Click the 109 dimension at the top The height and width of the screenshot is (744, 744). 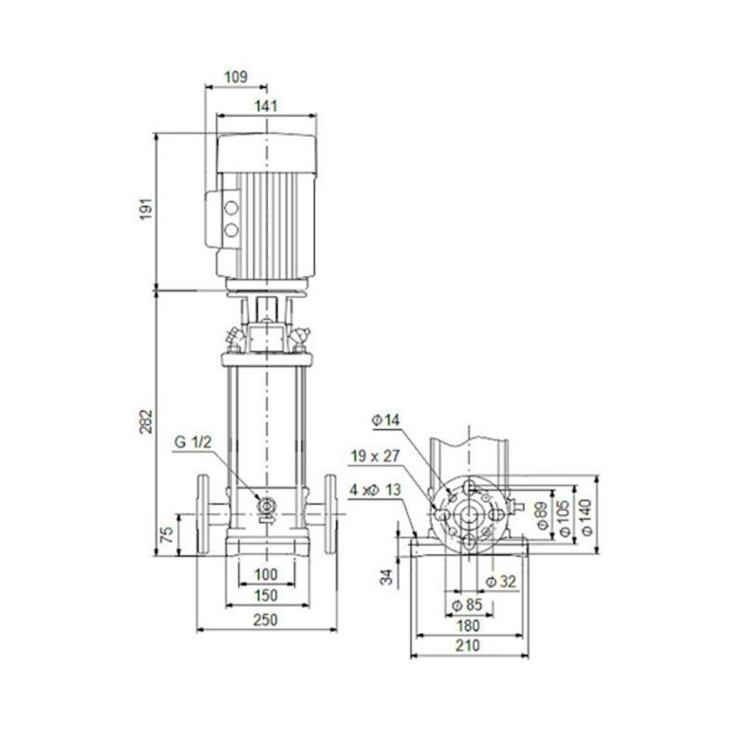click(x=236, y=77)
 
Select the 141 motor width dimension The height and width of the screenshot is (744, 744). click(x=265, y=105)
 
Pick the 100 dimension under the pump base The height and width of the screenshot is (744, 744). click(x=265, y=575)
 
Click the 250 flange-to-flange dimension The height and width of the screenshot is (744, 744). click(x=265, y=619)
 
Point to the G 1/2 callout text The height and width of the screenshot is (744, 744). click(x=193, y=443)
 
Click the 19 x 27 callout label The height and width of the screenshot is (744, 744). click(x=374, y=455)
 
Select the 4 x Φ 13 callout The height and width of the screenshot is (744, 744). click(x=374, y=489)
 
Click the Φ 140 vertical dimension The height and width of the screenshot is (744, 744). click(x=588, y=514)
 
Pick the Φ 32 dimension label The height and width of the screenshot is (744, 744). click(x=501, y=582)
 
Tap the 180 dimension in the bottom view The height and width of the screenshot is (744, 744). click(x=468, y=627)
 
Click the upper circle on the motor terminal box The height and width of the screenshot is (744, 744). click(x=232, y=204)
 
